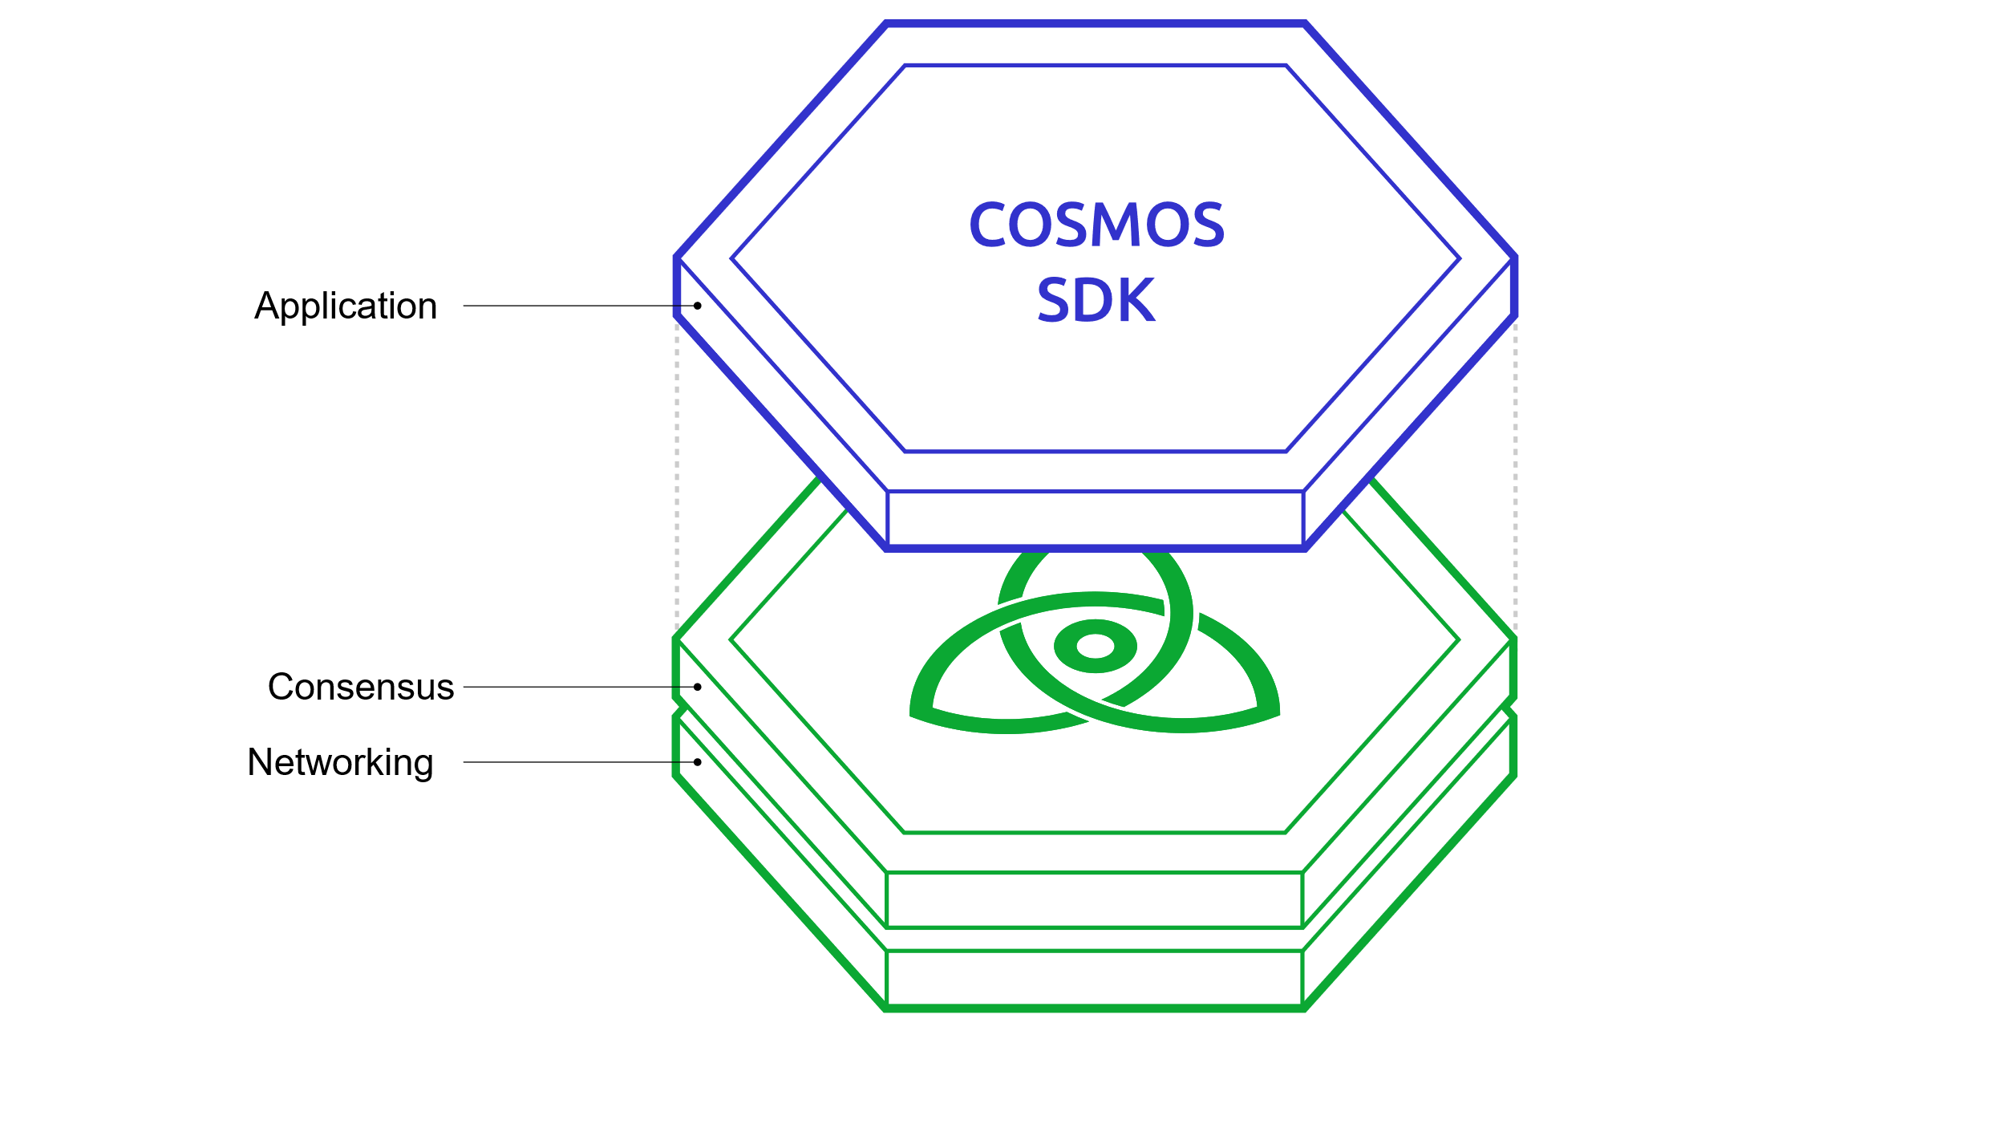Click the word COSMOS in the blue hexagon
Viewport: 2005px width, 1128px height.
point(1096,225)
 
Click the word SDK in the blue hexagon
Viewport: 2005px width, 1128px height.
point(1096,300)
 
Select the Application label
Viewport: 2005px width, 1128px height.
point(346,306)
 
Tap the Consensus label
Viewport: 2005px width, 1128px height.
point(361,687)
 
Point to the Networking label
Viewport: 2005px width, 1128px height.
point(340,762)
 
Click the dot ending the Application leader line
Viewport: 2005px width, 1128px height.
point(698,306)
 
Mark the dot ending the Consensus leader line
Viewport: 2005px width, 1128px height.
point(698,687)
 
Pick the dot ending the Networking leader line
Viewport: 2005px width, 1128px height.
point(698,762)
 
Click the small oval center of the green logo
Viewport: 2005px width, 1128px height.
point(1096,646)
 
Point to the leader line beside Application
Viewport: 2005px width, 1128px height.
point(577,306)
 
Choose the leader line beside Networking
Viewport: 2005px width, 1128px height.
point(577,762)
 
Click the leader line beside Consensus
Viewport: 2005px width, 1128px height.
point(577,687)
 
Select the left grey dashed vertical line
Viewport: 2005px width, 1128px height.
point(677,481)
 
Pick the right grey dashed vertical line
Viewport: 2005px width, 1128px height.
point(1515,481)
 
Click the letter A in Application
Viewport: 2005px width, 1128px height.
point(265,306)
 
